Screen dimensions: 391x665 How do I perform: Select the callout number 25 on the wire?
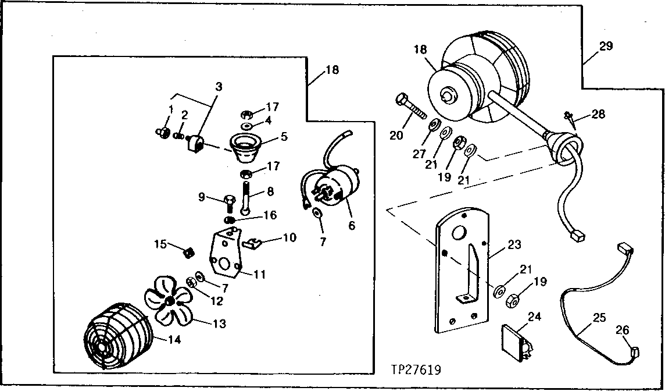(x=599, y=318)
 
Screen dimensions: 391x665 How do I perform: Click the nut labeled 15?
(x=188, y=253)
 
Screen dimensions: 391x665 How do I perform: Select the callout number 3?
(x=218, y=87)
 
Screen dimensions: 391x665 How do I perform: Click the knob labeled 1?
(x=163, y=133)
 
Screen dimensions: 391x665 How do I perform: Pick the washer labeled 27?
(x=434, y=127)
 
